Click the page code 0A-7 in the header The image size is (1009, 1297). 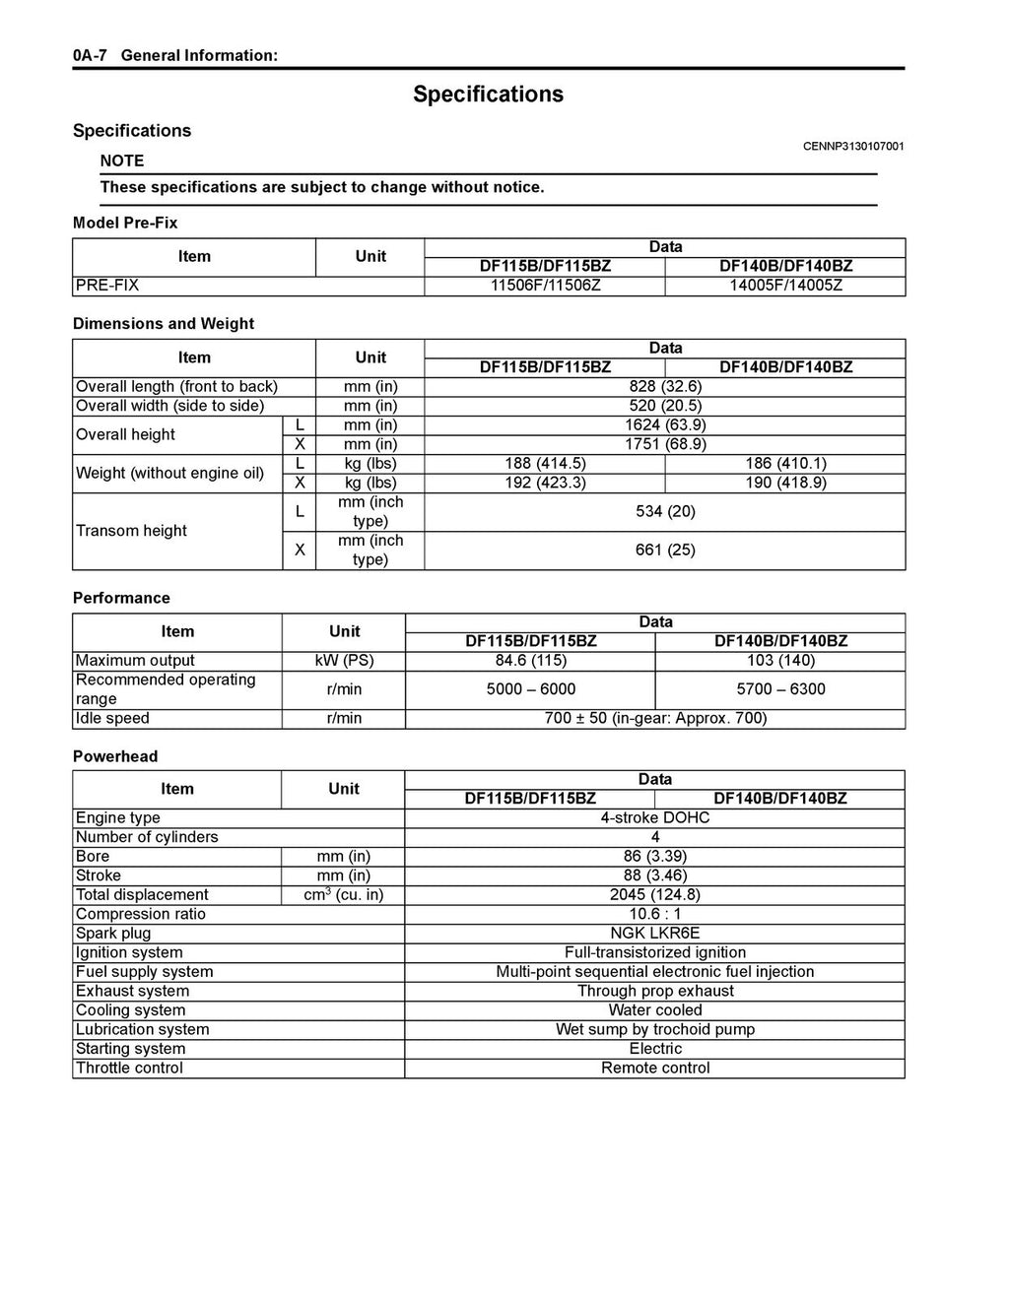click(90, 55)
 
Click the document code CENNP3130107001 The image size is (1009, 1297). click(853, 147)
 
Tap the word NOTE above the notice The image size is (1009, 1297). click(122, 161)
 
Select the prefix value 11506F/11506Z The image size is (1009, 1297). click(545, 286)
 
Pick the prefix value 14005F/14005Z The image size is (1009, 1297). click(785, 286)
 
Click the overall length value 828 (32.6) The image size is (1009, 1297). click(665, 386)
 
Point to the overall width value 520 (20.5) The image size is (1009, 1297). click(665, 406)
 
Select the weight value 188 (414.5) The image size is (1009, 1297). click(545, 463)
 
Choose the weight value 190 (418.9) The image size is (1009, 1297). click(785, 483)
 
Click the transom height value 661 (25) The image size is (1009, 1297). click(665, 550)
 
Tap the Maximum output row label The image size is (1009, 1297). click(135, 660)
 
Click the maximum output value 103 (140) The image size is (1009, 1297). click(779, 660)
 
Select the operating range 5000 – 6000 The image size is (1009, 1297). click(531, 689)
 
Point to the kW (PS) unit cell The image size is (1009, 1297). click(344, 660)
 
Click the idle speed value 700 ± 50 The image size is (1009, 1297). click(655, 718)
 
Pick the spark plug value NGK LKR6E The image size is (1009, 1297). click(655, 933)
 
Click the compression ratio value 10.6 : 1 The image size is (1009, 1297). click(655, 914)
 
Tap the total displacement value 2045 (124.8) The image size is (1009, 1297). click(655, 894)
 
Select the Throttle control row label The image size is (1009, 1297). click(129, 1068)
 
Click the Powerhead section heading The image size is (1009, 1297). click(115, 756)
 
